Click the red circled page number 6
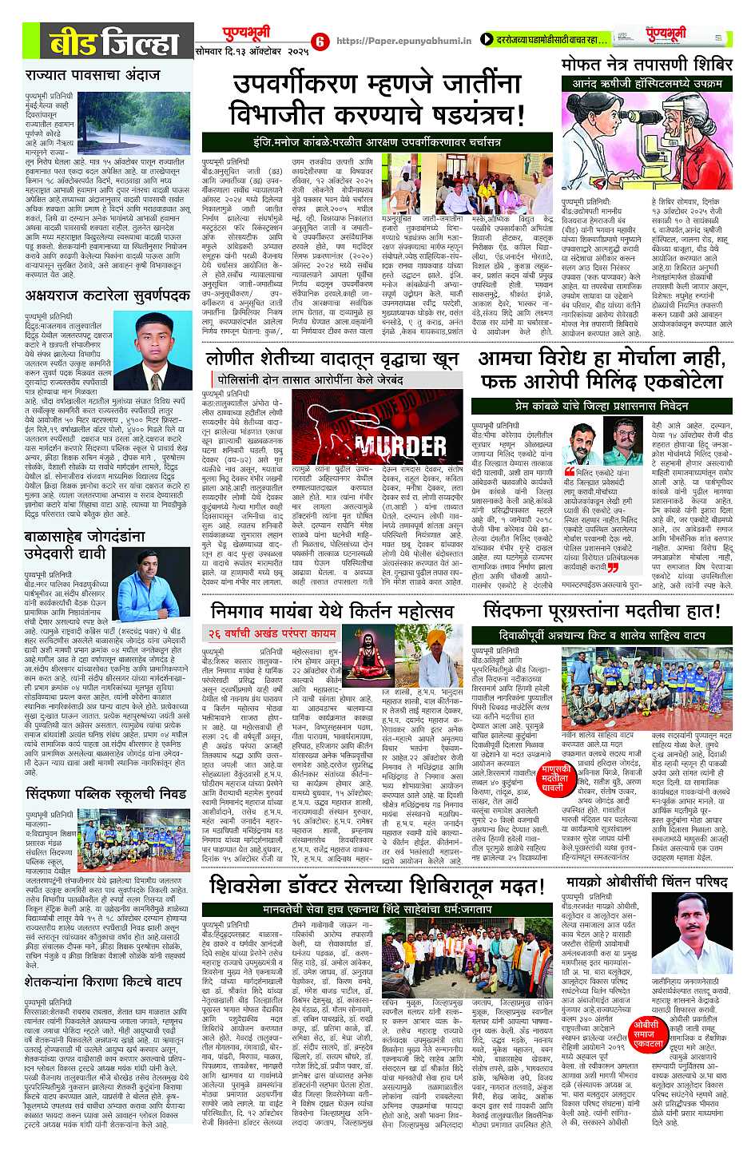319,41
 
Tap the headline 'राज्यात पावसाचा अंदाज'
93,75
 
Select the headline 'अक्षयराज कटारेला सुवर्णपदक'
107,295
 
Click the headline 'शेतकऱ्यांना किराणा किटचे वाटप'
103,980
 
